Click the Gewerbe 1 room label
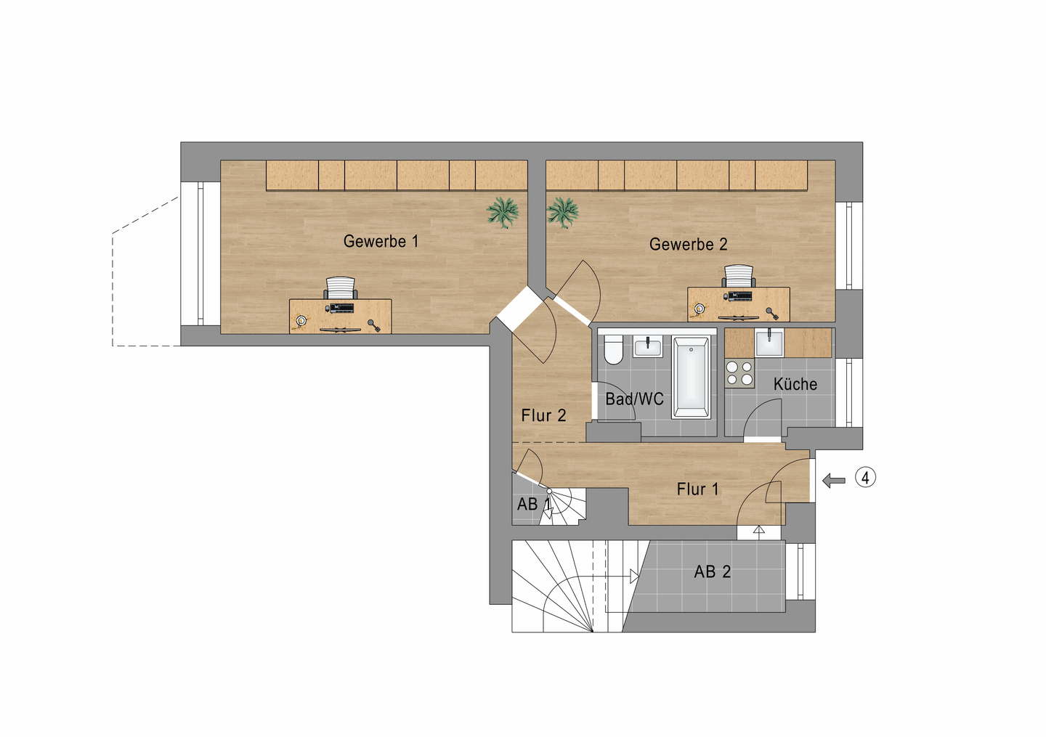point(381,241)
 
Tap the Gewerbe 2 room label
point(688,245)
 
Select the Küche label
point(795,384)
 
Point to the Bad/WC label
point(634,399)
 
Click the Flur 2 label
point(543,415)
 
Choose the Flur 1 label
point(697,489)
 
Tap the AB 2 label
point(712,571)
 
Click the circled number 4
point(865,478)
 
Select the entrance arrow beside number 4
point(834,480)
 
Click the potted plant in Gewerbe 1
point(503,212)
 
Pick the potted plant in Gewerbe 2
point(562,212)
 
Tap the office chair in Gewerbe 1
point(340,288)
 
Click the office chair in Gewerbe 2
point(739,276)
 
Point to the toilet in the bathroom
point(614,350)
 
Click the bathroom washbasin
point(647,346)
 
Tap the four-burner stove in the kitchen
point(739,373)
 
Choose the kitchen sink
point(769,343)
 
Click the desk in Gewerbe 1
point(340,317)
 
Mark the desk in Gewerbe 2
point(738,305)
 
